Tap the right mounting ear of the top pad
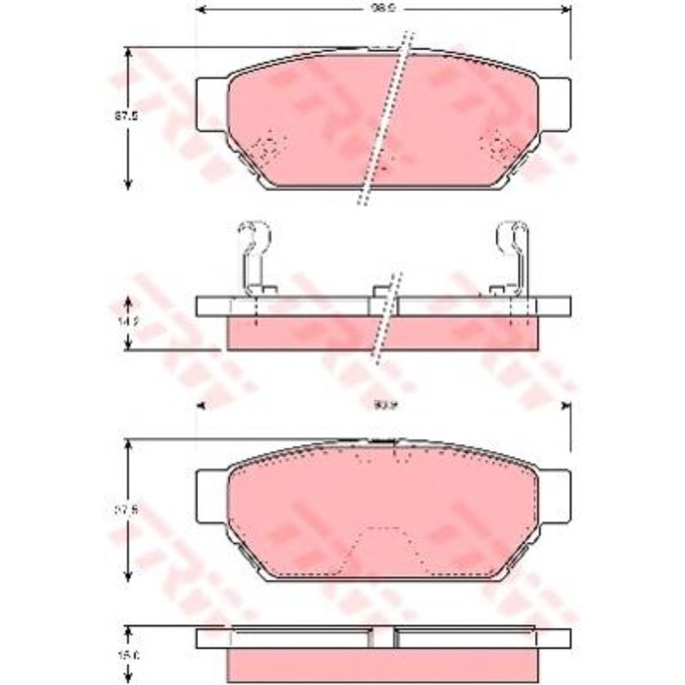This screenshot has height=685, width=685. click(555, 101)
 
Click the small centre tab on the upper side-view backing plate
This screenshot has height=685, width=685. click(381, 292)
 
